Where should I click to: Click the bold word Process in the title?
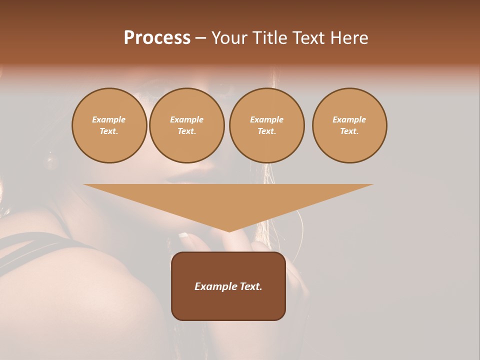[157, 38]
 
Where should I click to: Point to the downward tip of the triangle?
[229, 230]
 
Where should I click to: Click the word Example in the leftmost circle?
[109, 119]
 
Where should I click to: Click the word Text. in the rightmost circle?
[349, 131]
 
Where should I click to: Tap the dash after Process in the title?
[200, 38]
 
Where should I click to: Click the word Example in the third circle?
[266, 119]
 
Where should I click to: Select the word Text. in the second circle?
[186, 131]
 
